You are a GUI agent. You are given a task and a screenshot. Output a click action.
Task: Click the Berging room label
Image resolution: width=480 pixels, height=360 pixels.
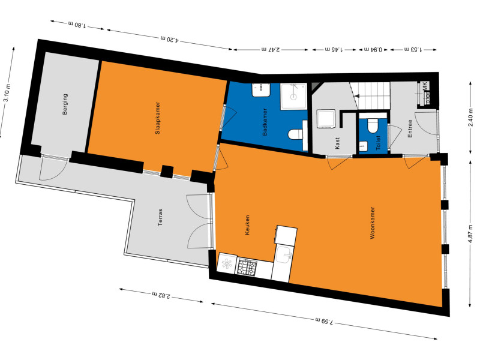coord(65,104)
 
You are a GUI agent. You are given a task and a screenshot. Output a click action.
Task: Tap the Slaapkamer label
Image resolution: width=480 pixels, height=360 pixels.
coord(158,118)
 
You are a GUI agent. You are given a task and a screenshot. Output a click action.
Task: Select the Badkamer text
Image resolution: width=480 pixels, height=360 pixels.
coord(265,122)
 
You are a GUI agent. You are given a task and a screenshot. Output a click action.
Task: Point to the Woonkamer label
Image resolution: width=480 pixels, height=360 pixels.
coord(373,223)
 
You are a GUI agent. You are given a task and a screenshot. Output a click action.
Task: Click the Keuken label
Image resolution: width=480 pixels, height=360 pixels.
coord(247,225)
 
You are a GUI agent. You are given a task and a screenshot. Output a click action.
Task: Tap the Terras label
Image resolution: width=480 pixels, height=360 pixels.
coord(160,217)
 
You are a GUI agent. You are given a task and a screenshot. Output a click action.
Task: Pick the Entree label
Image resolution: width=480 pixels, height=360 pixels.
coord(410,128)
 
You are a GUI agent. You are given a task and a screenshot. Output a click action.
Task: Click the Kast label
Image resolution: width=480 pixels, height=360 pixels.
coord(337,143)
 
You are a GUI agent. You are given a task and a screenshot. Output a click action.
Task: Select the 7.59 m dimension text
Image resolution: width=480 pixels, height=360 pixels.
coord(324,321)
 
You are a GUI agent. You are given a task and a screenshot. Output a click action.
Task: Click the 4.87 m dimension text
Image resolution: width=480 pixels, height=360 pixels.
coord(470,233)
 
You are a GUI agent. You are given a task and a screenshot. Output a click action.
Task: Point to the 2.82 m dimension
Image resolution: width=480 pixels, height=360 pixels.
coord(161,295)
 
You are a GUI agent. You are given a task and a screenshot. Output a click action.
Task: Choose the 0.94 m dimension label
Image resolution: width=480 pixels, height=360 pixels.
coord(373,49)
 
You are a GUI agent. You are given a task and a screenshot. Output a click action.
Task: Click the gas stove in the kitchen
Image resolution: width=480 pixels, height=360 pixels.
coord(247,266)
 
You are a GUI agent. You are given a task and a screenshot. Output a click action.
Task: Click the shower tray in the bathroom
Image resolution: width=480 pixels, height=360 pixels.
coord(293,96)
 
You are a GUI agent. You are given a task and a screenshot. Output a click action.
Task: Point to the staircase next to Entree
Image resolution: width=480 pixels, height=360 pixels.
coord(370,95)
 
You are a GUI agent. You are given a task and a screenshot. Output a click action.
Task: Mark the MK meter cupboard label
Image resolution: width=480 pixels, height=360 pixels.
coord(425,86)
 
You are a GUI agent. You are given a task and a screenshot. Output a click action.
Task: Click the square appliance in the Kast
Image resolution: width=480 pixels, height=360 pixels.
coord(326,119)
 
